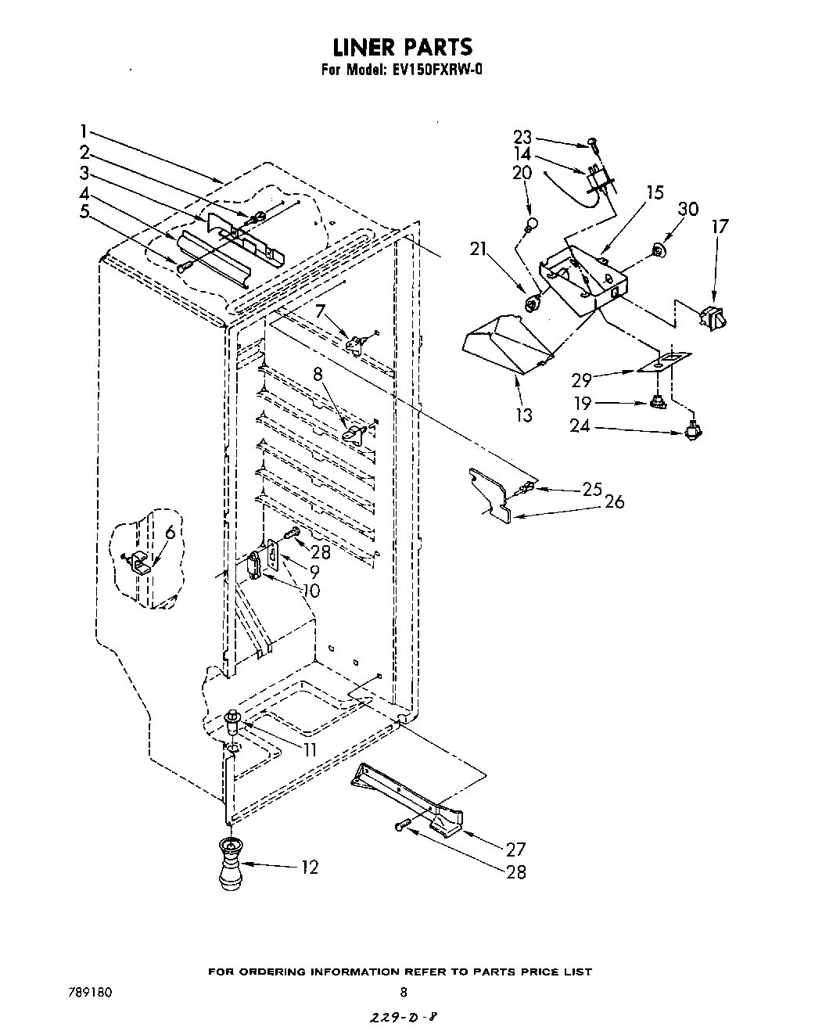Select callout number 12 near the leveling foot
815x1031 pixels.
(310, 867)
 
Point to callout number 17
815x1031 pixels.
(720, 227)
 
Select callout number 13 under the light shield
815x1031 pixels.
(523, 415)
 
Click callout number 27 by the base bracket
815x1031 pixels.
(515, 849)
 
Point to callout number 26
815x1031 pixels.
(615, 501)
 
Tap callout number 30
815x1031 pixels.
(688, 209)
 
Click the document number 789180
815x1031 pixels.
(91, 993)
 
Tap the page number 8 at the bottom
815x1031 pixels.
(403, 993)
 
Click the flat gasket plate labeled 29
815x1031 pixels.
(664, 361)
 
